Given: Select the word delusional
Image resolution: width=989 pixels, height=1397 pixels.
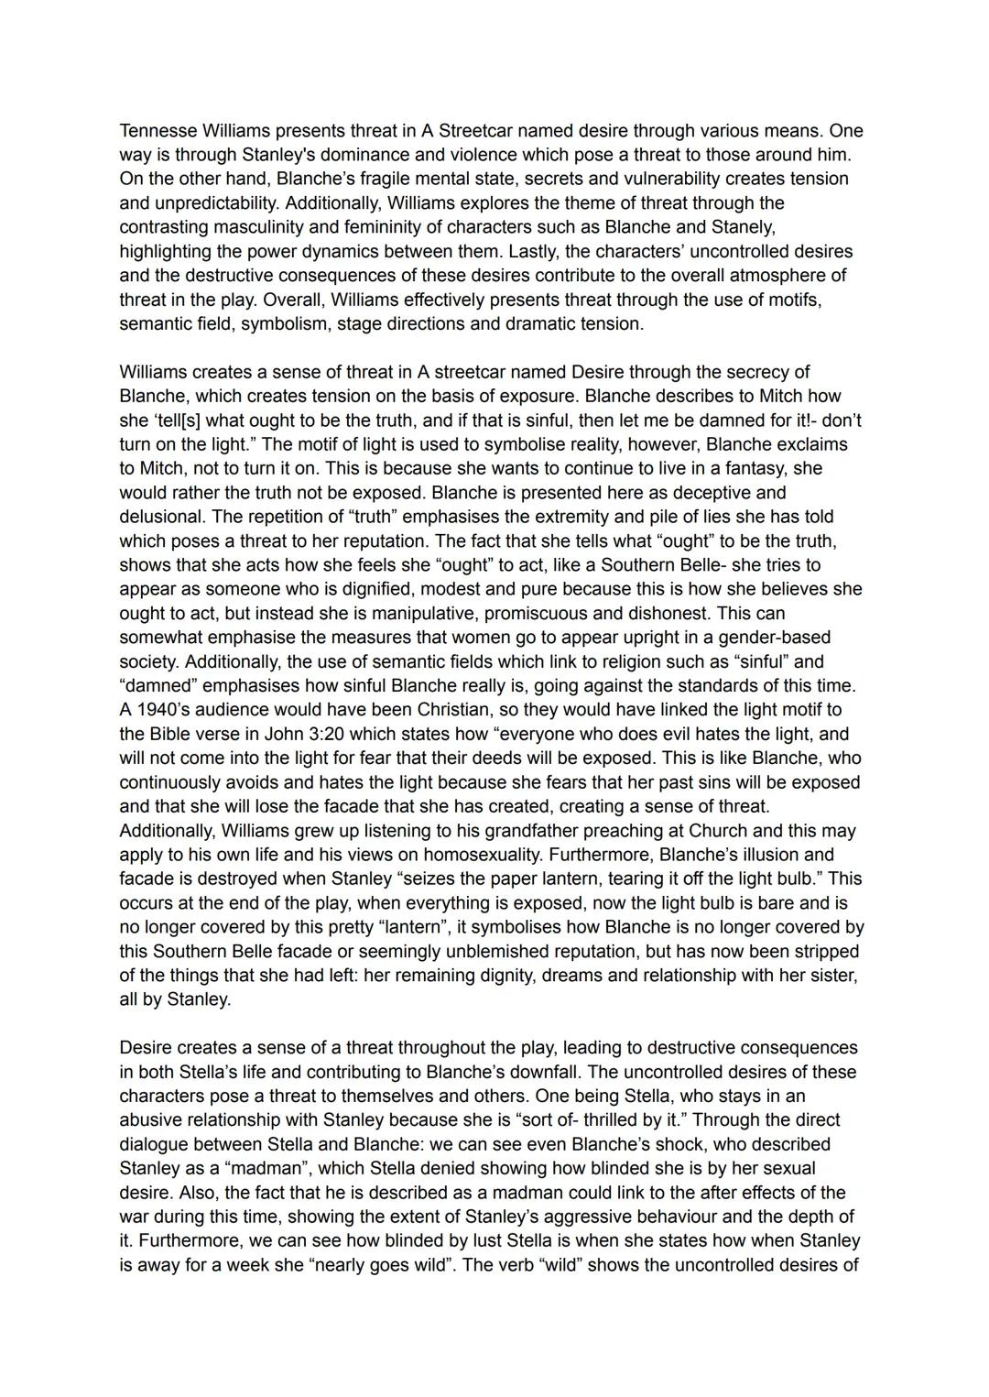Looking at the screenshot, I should coord(162,517).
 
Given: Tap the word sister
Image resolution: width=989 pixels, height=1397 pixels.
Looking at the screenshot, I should coord(830,976).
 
